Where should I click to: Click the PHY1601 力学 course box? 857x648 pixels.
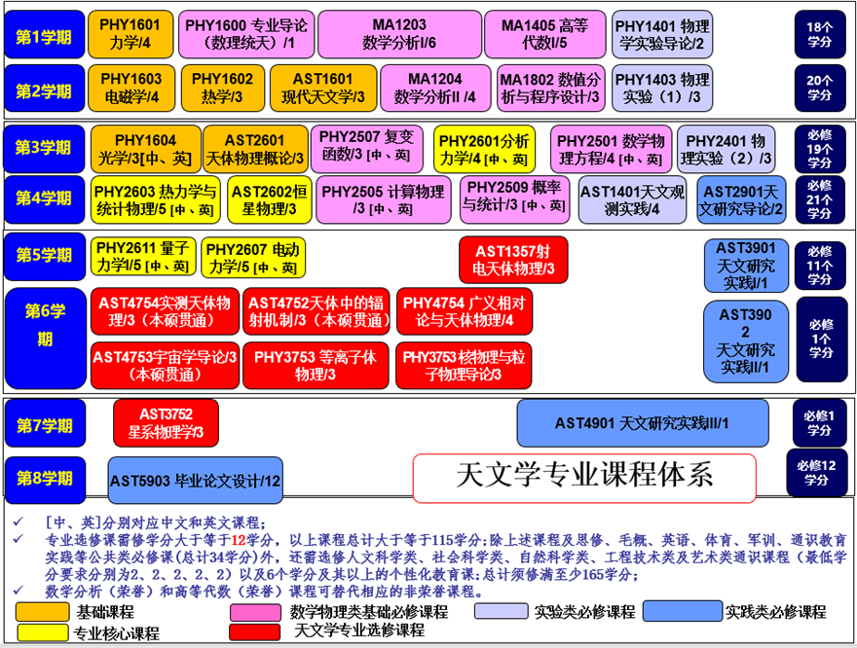130,35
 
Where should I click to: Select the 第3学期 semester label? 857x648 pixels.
43,148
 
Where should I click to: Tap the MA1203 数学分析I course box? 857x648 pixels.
398,35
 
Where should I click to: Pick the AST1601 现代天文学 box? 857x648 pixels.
323,88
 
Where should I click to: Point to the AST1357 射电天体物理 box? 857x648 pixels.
513,259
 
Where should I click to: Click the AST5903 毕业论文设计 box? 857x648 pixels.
195,481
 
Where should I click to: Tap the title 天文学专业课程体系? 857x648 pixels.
584,475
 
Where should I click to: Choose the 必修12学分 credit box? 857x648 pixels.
816,473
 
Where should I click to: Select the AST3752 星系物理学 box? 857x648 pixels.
166,423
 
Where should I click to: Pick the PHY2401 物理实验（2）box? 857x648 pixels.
727,149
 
